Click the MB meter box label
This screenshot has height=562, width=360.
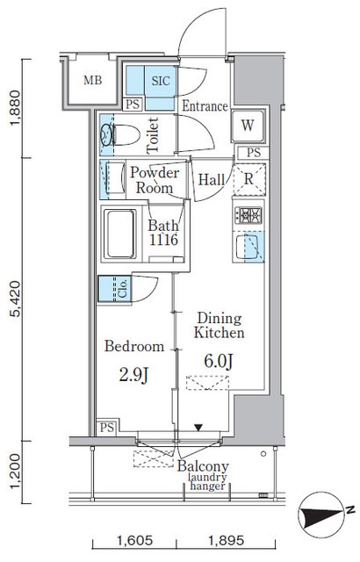click(92, 80)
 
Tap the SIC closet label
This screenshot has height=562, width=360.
click(161, 81)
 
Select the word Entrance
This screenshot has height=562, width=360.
click(205, 105)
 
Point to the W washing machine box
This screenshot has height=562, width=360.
click(248, 126)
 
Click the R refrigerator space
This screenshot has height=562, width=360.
click(249, 179)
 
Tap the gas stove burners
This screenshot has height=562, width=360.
click(248, 215)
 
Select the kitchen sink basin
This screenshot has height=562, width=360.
click(247, 247)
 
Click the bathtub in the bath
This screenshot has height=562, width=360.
click(120, 234)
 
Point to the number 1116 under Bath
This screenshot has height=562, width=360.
click(163, 240)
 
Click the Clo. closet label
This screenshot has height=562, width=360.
click(123, 289)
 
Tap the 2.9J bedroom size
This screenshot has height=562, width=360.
click(133, 375)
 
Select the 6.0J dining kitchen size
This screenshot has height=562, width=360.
click(219, 361)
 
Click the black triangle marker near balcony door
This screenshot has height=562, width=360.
click(198, 428)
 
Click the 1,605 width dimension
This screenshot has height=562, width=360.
click(134, 540)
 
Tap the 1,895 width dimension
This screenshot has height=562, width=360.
click(226, 540)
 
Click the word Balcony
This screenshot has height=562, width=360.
click(203, 466)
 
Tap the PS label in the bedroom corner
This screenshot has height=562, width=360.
click(107, 428)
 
